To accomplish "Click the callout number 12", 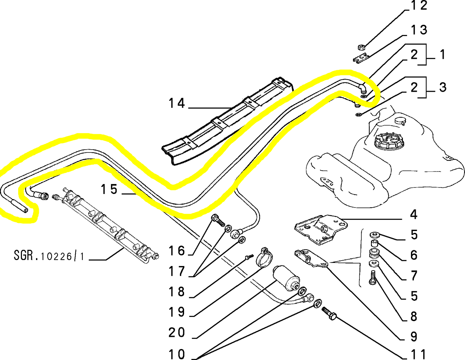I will (x=419, y=6).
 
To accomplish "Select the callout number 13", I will (x=419, y=30).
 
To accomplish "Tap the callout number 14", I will (x=177, y=104).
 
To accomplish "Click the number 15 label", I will (x=109, y=189).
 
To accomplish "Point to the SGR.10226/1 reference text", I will (x=49, y=256).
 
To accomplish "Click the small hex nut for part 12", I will (x=361, y=47).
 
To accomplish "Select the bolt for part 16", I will (x=218, y=221).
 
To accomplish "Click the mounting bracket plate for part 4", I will (x=321, y=228).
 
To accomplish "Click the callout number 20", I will (x=177, y=333).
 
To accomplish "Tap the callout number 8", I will (x=414, y=317).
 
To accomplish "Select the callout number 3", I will (x=442, y=88).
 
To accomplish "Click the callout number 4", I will (x=414, y=215).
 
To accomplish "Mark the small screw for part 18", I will (x=249, y=257).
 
